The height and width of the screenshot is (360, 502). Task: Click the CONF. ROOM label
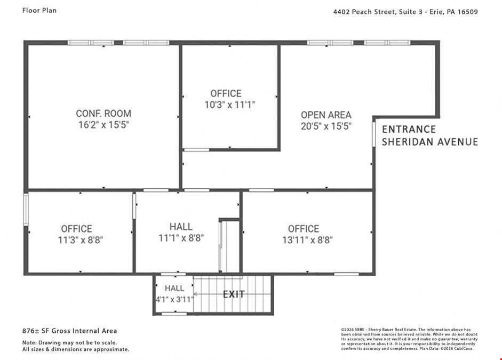click(x=103, y=114)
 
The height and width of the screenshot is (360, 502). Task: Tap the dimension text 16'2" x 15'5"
click(x=103, y=125)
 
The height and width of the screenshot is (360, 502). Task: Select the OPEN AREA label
click(x=326, y=115)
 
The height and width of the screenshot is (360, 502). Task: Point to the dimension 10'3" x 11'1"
click(x=229, y=105)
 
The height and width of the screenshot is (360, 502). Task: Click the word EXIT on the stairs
click(x=234, y=294)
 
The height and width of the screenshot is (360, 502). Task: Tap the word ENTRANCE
click(x=409, y=129)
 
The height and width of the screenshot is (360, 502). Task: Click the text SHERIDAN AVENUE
click(x=429, y=142)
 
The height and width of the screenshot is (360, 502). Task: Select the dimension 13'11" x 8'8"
click(x=307, y=240)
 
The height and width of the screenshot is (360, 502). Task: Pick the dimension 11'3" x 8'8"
click(x=81, y=240)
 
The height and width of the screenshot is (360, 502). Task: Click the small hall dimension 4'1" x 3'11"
click(x=175, y=300)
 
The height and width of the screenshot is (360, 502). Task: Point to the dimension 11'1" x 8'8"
click(x=181, y=238)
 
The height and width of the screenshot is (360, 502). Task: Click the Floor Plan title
click(x=39, y=11)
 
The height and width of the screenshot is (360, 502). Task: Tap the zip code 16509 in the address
click(x=467, y=12)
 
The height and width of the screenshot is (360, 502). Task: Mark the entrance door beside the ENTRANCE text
click(x=373, y=134)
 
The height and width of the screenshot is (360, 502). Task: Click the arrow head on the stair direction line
click(x=195, y=294)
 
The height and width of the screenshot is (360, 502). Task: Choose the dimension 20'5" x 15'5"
click(x=326, y=126)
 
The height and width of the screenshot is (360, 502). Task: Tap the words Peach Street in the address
click(x=373, y=12)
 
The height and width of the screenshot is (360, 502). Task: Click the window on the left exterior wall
click(x=26, y=209)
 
